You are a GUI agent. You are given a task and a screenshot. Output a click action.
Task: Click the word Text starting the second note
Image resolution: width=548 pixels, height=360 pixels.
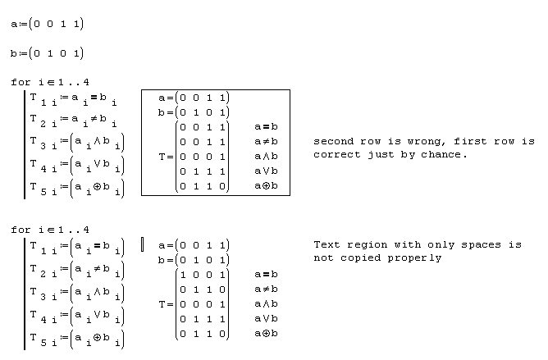(x=327, y=245)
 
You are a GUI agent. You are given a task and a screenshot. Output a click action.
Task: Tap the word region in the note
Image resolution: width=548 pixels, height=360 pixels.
(x=372, y=245)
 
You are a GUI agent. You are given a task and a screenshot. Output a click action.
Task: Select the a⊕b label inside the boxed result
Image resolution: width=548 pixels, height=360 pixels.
(x=265, y=186)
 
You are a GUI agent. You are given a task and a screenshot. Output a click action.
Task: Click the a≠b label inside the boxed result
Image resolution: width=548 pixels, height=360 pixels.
(x=265, y=142)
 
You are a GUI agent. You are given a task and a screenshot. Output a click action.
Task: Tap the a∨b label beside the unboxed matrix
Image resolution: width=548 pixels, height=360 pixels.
(x=265, y=318)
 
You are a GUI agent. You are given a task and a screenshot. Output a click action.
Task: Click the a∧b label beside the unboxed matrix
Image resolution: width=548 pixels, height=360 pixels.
(x=265, y=303)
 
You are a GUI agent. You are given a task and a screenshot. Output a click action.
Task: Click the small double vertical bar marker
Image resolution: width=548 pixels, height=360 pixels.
(x=143, y=244)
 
